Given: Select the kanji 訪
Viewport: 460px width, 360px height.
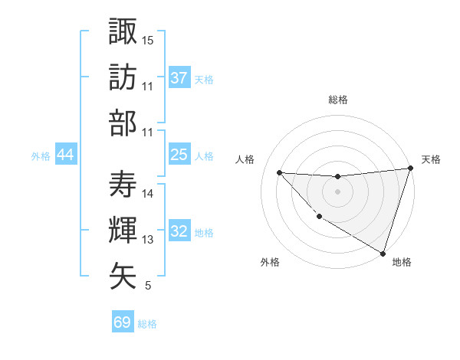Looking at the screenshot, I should [123, 77].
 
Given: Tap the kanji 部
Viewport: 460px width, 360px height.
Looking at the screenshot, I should [123, 123].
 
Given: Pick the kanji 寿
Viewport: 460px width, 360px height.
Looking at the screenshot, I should [123, 184].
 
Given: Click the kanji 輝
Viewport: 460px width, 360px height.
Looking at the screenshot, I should [123, 230].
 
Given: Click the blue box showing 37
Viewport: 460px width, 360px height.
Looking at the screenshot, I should [179, 78].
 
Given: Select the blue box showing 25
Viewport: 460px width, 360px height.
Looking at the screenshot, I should [179, 155].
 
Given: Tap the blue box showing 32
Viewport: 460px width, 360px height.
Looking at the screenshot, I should [179, 231].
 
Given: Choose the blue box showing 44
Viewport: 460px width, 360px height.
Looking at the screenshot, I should [65, 155].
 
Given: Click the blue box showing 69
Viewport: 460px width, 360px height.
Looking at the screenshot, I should [123, 322].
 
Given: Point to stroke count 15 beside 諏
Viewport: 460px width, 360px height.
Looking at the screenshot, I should [148, 39].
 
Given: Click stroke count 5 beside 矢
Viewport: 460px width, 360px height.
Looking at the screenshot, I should [148, 286].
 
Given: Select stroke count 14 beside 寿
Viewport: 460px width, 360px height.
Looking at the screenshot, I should [148, 194].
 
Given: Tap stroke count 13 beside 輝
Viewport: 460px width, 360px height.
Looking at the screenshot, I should [148, 240].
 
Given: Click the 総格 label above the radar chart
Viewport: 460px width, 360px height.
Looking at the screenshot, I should [338, 100].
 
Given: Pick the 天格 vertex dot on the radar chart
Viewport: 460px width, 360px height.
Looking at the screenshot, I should [411, 169].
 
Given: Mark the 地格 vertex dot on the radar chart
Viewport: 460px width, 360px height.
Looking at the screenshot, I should [383, 253].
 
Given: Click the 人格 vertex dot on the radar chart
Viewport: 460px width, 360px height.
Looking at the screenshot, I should [279, 172].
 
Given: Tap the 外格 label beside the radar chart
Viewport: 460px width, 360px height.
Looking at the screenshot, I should [270, 262].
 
